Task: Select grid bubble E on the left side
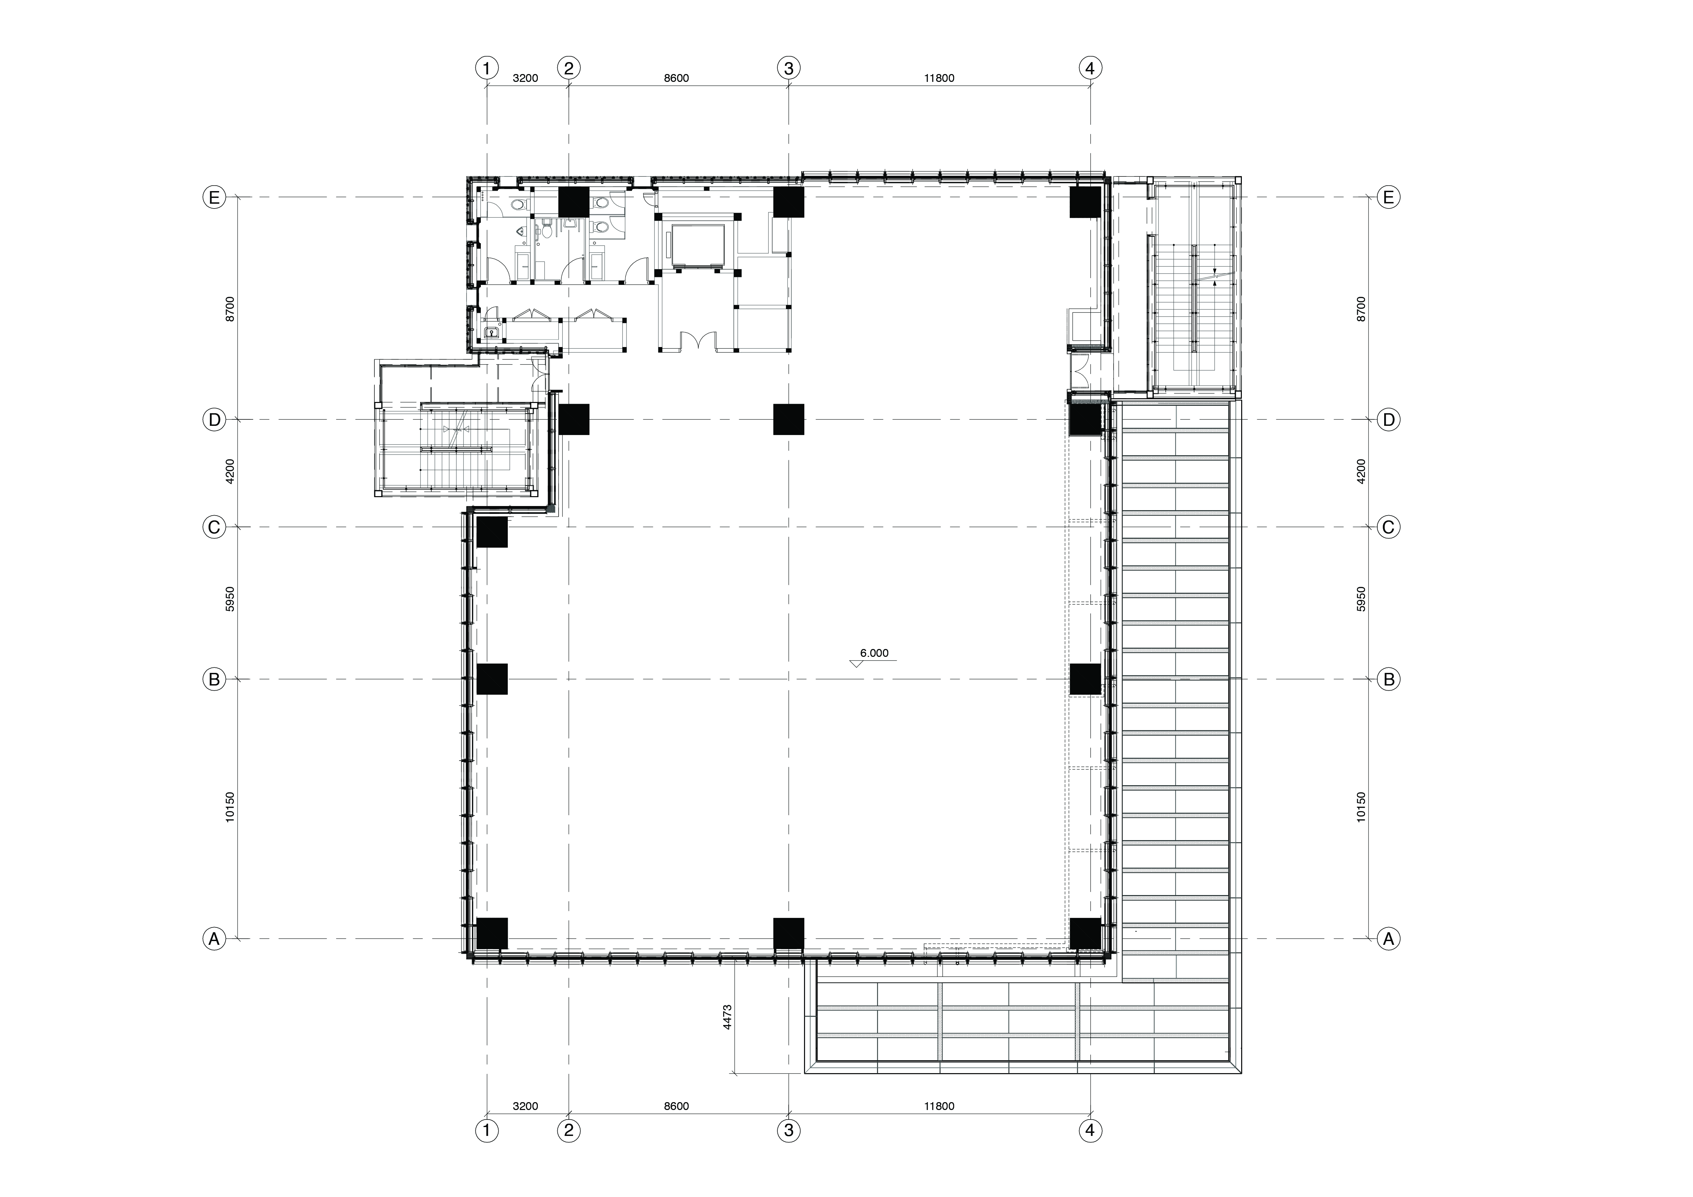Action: point(214,198)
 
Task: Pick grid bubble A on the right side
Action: point(1389,939)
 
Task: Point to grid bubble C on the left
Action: point(214,527)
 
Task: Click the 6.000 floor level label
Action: point(875,653)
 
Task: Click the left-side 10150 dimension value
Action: point(230,807)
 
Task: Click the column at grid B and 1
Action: point(492,679)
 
